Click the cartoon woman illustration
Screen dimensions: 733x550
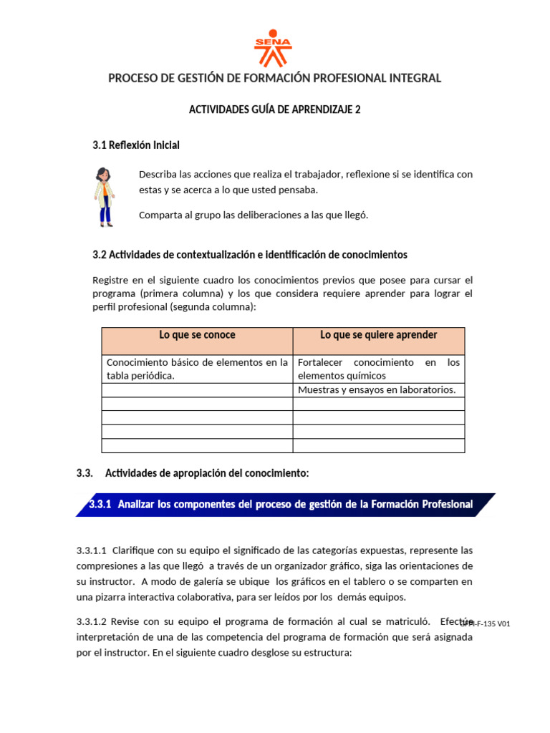click(105, 196)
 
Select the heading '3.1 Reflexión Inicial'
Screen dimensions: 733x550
click(136, 145)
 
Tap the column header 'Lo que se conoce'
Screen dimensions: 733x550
click(197, 335)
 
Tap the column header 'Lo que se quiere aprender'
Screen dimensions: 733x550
click(378, 335)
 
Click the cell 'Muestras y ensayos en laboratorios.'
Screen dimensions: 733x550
click(377, 390)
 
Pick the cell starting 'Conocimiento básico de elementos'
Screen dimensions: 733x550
click(197, 369)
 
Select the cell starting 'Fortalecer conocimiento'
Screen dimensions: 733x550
click(378, 369)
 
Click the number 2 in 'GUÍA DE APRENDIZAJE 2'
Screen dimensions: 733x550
click(358, 110)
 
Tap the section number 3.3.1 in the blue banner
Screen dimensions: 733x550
click(100, 505)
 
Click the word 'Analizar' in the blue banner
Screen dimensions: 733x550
click(136, 505)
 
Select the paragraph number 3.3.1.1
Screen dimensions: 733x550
click(92, 550)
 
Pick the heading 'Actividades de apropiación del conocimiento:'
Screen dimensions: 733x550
click(207, 473)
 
